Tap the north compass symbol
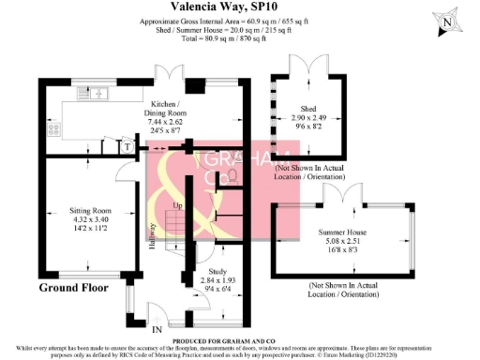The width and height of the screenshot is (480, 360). (450, 20)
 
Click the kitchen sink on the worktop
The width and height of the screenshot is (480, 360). (98, 95)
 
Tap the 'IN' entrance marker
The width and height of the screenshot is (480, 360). (157, 330)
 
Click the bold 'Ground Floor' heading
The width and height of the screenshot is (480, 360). (73, 287)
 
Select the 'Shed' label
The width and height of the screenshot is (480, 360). (307, 109)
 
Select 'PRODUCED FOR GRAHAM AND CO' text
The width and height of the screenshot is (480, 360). (240, 340)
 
